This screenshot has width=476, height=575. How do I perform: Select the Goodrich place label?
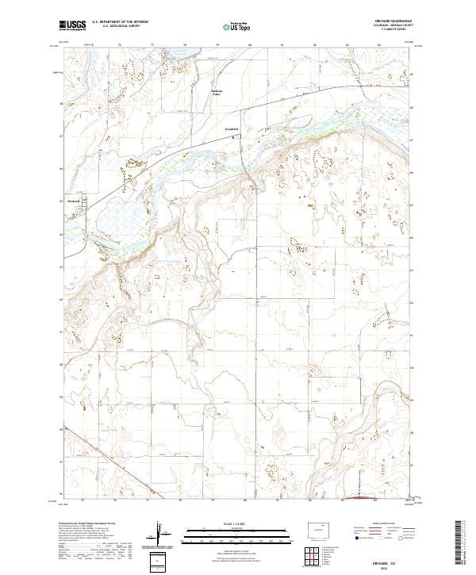click(x=231, y=129)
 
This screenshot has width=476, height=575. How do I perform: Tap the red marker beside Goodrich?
click(x=232, y=136)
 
